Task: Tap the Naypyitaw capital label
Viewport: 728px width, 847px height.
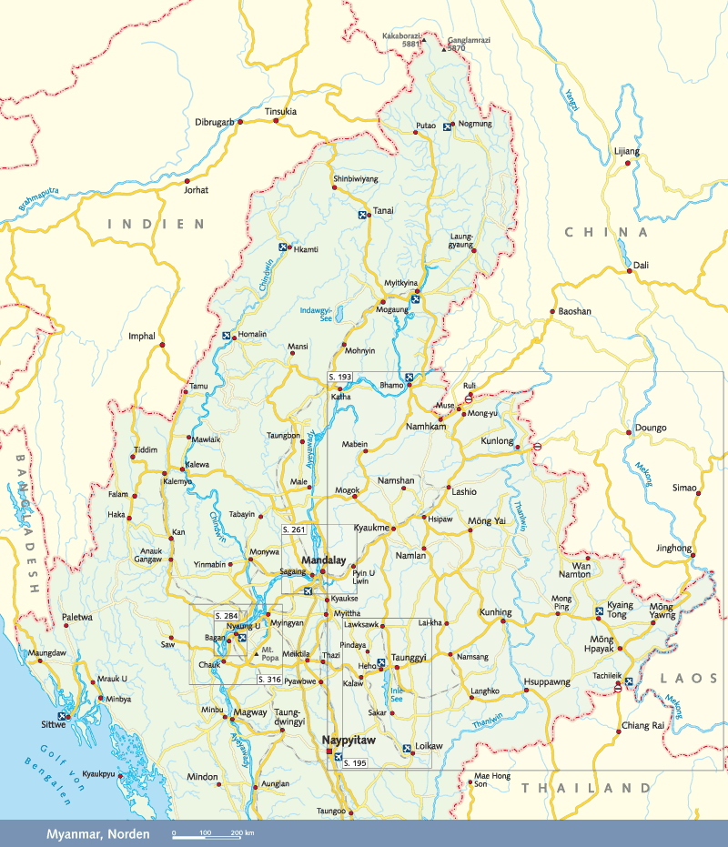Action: pyautogui.click(x=352, y=741)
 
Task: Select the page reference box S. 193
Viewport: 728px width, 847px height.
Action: pyautogui.click(x=339, y=377)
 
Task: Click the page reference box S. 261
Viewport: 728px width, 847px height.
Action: pyautogui.click(x=293, y=529)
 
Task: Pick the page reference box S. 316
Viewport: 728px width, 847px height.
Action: pyautogui.click(x=269, y=680)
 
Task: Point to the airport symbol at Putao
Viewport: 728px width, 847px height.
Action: pyautogui.click(x=447, y=127)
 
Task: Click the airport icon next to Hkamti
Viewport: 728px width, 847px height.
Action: pyautogui.click(x=283, y=247)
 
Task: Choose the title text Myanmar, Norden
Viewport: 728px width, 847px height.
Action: pyautogui.click(x=97, y=833)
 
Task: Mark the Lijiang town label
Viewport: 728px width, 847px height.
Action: pyautogui.click(x=627, y=151)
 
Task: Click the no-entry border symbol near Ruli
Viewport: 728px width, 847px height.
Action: pyautogui.click(x=468, y=398)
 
